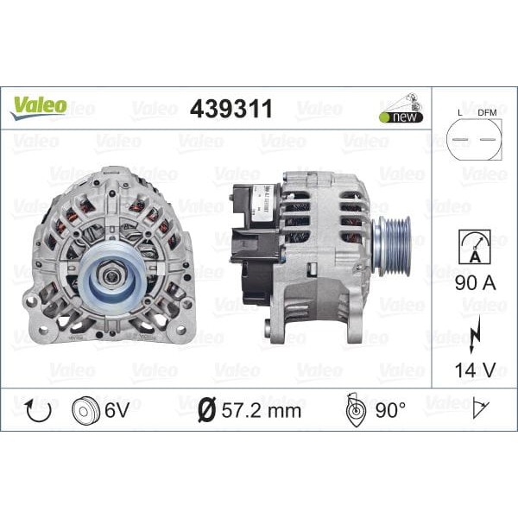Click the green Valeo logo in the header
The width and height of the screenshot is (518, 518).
[38, 106]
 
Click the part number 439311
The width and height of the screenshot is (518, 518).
[231, 109]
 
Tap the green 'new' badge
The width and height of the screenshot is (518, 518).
[400, 117]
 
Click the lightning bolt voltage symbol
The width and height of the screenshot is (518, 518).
[474, 333]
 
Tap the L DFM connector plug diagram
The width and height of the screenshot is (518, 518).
[474, 138]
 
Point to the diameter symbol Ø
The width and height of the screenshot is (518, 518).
[205, 410]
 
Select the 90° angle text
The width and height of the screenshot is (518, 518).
[390, 410]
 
